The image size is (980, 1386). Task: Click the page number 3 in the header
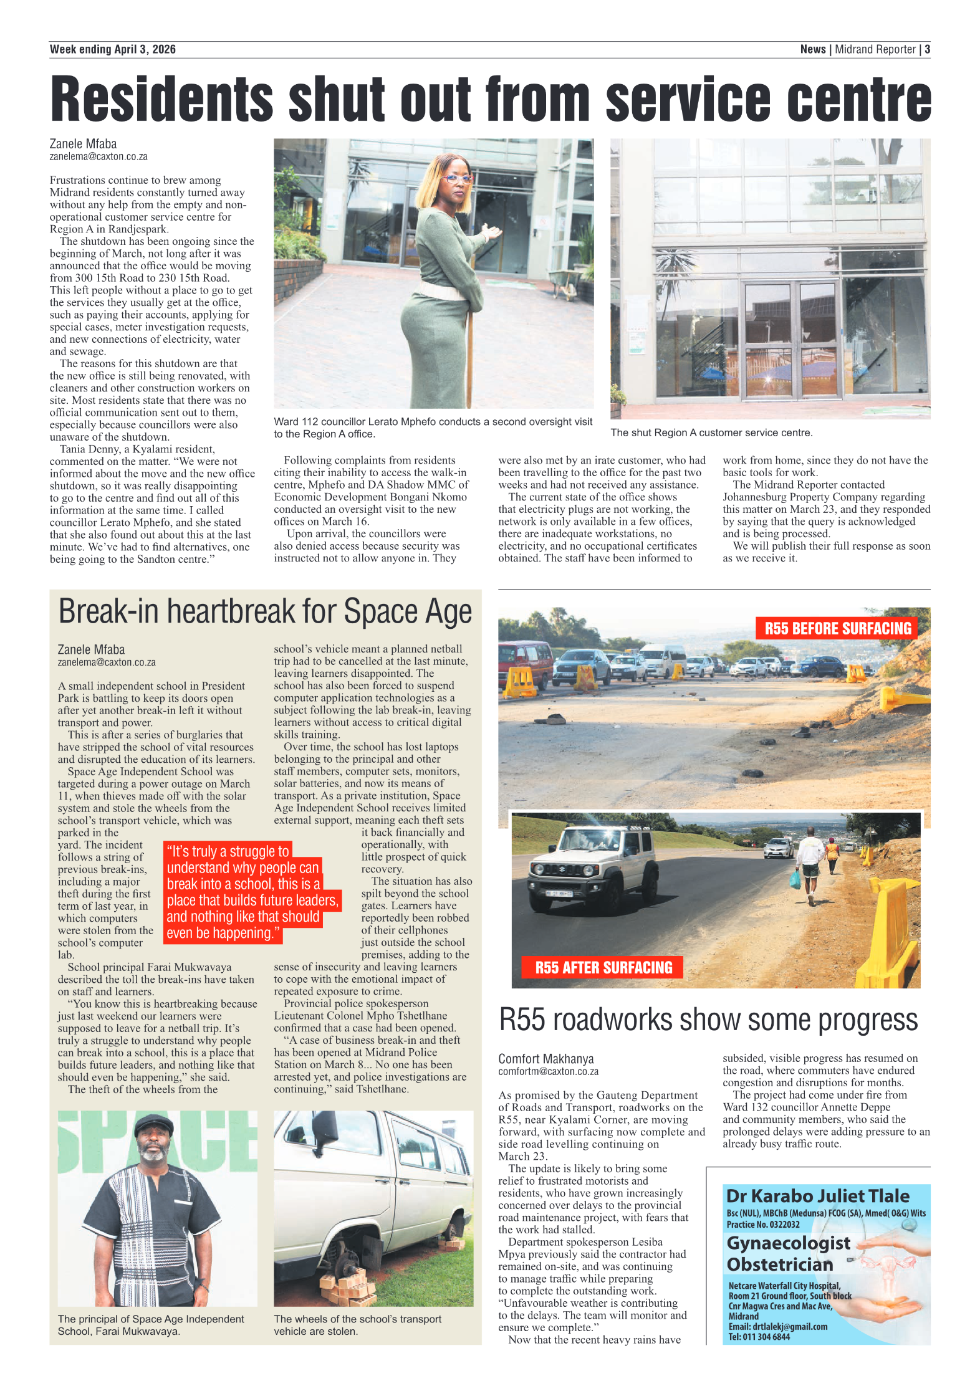pyautogui.click(x=927, y=49)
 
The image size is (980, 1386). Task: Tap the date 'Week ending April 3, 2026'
pyautogui.click(x=113, y=49)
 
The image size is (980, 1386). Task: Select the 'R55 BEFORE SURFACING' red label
pyautogui.click(x=837, y=628)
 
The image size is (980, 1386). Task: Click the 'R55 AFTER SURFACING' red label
pyautogui.click(x=603, y=967)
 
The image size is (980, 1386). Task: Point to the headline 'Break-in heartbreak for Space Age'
pyautogui.click(x=265, y=612)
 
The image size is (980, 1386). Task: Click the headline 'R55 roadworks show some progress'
pyautogui.click(x=708, y=1021)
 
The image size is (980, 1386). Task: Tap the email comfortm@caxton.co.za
pyautogui.click(x=548, y=1071)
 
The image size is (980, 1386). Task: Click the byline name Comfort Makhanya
pyautogui.click(x=546, y=1059)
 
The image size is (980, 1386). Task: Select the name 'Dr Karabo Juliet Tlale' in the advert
pyautogui.click(x=817, y=1196)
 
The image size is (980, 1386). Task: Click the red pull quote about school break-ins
pyautogui.click(x=251, y=892)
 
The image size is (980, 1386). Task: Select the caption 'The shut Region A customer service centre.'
pyautogui.click(x=711, y=433)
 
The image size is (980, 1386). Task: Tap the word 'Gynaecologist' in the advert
pyautogui.click(x=788, y=1243)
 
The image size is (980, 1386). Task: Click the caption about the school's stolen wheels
pyautogui.click(x=357, y=1325)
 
